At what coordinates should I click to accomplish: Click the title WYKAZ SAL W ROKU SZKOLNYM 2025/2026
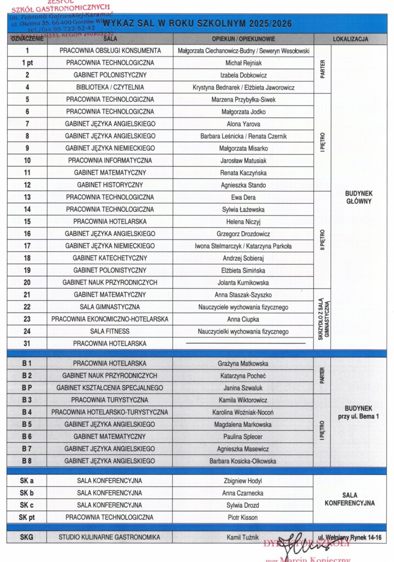point(197,24)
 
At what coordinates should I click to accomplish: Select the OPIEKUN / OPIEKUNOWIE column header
point(243,40)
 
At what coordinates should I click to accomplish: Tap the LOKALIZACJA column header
point(350,40)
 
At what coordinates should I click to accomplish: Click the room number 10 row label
point(27,161)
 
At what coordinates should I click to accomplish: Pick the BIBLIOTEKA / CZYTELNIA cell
point(110,87)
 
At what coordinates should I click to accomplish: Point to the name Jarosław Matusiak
point(243,161)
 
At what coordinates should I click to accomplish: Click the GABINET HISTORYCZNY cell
point(110,185)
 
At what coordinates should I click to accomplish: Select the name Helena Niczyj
point(243,222)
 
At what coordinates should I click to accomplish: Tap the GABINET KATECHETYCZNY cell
point(110,258)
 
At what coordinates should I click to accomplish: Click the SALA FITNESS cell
point(110,331)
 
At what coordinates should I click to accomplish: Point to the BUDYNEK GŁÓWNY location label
point(359,197)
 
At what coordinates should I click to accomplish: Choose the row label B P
point(27,387)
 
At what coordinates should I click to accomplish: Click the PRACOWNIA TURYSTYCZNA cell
point(110,400)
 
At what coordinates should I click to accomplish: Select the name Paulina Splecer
point(243,436)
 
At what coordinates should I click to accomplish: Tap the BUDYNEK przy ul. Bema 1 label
point(359,412)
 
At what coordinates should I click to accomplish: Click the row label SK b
point(27,493)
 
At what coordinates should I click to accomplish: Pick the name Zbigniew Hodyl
point(243,481)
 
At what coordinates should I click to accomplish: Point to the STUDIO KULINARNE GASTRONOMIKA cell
point(110,537)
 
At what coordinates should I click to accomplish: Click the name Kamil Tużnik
point(243,537)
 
